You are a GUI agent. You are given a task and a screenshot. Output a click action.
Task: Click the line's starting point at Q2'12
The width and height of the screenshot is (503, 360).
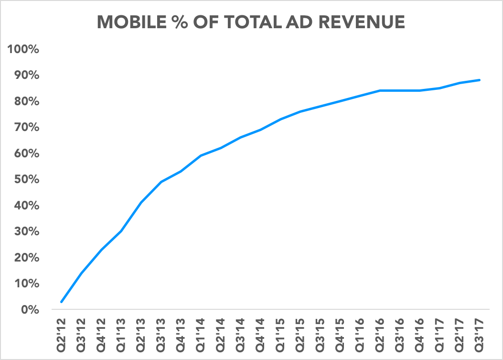[x=62, y=302]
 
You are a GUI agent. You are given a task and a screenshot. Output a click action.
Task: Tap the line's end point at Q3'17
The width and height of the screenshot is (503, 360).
[x=480, y=80]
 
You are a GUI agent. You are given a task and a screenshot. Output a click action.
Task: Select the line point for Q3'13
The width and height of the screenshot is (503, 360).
[x=161, y=182]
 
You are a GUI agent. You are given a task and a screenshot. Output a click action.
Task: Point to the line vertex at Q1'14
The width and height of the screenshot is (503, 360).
[x=201, y=156]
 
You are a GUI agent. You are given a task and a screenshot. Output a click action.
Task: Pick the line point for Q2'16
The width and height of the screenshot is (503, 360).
[x=380, y=90]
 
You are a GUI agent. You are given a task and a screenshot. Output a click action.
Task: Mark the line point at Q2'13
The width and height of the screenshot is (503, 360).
[x=141, y=203]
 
